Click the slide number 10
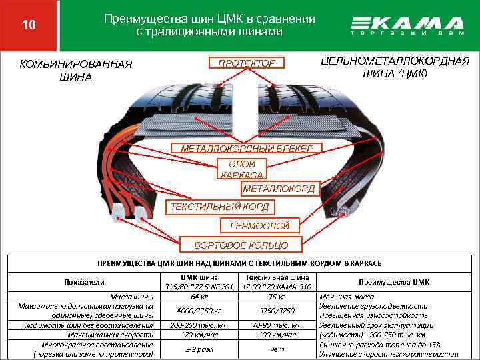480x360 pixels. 28,25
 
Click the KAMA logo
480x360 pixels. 406,26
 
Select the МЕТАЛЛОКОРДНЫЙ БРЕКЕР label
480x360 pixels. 247,147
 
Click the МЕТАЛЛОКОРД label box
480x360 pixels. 279,189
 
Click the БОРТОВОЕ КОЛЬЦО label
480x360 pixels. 241,245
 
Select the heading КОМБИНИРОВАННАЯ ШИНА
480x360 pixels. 76,70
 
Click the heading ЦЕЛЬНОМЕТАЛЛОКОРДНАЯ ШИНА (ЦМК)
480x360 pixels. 395,67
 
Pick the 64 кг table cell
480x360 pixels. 199,296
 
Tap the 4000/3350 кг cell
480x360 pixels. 199,311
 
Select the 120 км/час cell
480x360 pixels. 199,335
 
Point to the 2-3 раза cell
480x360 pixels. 199,349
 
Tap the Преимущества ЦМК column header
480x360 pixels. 393,281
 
